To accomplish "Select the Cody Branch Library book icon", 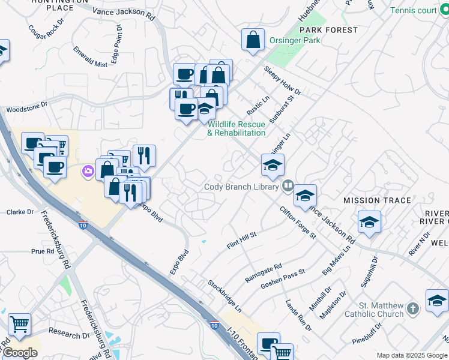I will tap(288, 186).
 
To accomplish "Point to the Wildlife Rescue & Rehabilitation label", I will tap(237, 128).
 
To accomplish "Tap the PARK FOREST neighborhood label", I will tap(328, 29).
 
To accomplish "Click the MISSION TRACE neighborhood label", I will tap(377, 200).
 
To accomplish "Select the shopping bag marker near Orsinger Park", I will tap(253, 40).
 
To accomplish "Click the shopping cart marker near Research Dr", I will tap(20, 325).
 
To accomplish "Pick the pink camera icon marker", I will tap(88, 172).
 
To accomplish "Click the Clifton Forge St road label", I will tap(297, 223).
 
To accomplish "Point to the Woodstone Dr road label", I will tap(26, 109).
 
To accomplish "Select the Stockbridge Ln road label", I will tap(224, 295).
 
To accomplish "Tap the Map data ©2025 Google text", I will tap(412, 355).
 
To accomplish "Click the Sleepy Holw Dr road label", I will tap(282, 80).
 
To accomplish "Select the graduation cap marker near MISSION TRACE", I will tap(369, 223).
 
